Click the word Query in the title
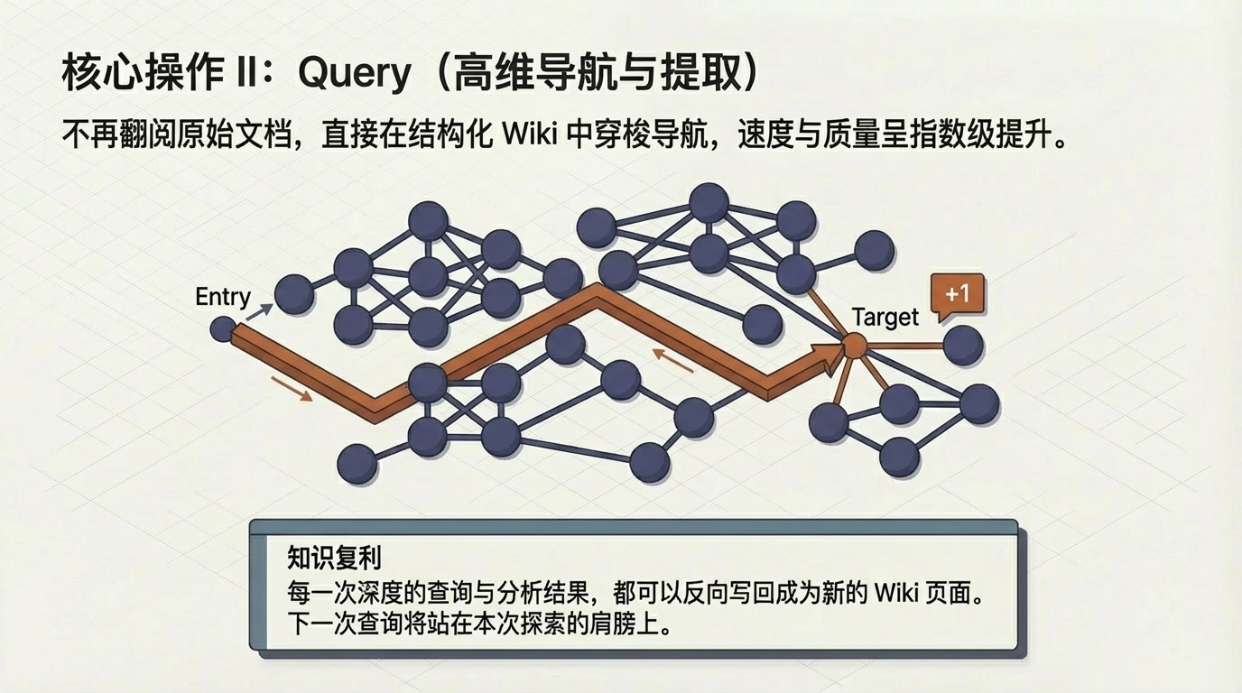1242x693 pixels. coord(354,74)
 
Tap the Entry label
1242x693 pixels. coord(222,297)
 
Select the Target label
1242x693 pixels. coord(885,317)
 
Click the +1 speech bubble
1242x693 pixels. coord(958,294)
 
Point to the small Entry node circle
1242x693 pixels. coord(222,329)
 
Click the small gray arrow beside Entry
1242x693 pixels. coord(258,312)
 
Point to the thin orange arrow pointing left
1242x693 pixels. coord(672,360)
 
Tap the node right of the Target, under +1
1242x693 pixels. coord(962,345)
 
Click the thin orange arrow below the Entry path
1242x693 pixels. coord(292,389)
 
